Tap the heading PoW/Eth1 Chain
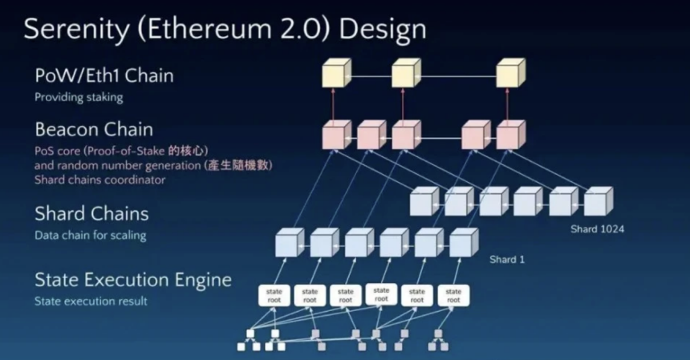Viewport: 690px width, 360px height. click(103, 76)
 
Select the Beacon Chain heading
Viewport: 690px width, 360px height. click(93, 129)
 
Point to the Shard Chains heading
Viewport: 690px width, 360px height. click(91, 214)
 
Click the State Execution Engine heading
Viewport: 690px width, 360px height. click(132, 280)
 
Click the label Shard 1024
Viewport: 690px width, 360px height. click(598, 229)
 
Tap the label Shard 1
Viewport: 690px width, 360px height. click(507, 260)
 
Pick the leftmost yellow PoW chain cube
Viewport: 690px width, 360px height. click(335, 74)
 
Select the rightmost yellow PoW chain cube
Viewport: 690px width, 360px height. click(509, 74)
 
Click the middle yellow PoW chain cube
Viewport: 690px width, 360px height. click(405, 74)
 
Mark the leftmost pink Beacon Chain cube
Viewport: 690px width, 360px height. click(335, 135)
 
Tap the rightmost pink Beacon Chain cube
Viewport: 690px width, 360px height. click(509, 135)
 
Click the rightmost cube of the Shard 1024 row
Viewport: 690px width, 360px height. click(597, 201)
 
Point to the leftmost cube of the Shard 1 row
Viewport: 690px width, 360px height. click(290, 242)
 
